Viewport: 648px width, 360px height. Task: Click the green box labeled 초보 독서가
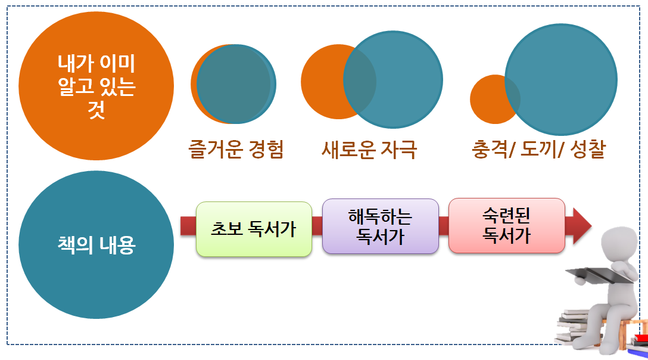coord(254,229)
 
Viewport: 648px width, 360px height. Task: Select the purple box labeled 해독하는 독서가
coord(380,226)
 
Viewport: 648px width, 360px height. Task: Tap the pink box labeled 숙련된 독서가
coord(506,225)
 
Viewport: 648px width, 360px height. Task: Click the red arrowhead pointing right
coord(580,226)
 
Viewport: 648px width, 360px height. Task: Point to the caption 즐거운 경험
coord(236,149)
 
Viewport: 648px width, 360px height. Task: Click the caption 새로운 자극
coord(369,149)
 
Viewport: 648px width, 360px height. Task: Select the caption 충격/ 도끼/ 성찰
coord(537,149)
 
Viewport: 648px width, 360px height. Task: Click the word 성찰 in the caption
coord(586,149)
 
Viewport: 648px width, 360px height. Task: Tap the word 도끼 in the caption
coord(540,149)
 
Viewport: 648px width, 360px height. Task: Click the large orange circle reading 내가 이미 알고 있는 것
coord(96,86)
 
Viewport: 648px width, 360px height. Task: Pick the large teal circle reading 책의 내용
coord(96,246)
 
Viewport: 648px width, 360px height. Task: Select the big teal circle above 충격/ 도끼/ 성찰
coord(561,80)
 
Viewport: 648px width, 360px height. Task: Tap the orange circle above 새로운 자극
coord(322,82)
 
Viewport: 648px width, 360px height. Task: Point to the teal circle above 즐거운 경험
coord(236,84)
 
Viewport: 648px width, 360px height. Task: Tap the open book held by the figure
coord(596,275)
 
